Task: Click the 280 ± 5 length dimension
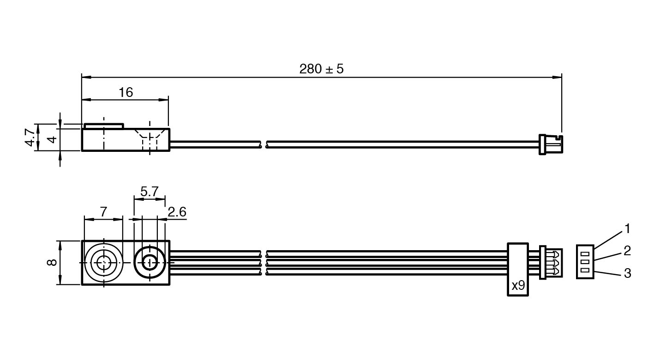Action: pyautogui.click(x=321, y=69)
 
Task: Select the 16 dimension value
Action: pyautogui.click(x=126, y=93)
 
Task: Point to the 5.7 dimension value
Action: pyautogui.click(x=149, y=192)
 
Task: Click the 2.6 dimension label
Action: pyautogui.click(x=177, y=212)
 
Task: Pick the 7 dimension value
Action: pyautogui.click(x=103, y=212)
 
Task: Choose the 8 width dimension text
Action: pyautogui.click(x=52, y=263)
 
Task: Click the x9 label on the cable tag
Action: pyautogui.click(x=518, y=285)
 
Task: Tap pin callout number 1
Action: pyautogui.click(x=627, y=228)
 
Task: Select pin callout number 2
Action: pyautogui.click(x=627, y=251)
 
